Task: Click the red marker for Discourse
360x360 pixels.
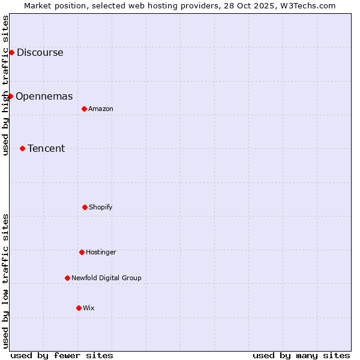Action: [x=11, y=52]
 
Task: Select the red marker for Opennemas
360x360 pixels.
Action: [x=10, y=96]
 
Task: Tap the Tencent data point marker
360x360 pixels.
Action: [x=22, y=148]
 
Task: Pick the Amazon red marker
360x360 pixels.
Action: [x=84, y=109]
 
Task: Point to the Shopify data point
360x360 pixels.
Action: [x=85, y=207]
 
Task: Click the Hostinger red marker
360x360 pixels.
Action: [x=82, y=252]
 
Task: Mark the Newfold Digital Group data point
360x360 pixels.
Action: [x=67, y=278]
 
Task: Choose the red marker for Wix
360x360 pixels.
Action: [x=79, y=308]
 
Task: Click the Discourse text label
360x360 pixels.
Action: [x=40, y=52]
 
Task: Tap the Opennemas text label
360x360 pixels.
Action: [x=44, y=96]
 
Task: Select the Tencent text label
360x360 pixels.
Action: [x=46, y=148]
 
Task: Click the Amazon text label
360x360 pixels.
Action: [x=101, y=109]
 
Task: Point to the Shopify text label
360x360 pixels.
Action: [x=101, y=207]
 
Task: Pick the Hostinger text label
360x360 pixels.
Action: [x=101, y=252]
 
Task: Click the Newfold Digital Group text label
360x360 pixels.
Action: [x=106, y=278]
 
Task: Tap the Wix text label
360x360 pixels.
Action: [x=89, y=308]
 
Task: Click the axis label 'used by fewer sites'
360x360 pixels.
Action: [x=62, y=355]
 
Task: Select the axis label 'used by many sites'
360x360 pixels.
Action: [x=301, y=355]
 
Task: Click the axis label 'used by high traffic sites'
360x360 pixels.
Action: [x=5, y=85]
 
